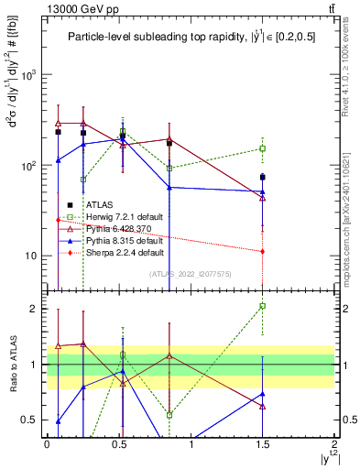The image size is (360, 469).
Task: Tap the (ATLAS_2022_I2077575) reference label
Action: coord(190,274)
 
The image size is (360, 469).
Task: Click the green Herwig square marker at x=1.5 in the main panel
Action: coord(262,148)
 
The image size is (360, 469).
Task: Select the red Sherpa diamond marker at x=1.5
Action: coord(262,251)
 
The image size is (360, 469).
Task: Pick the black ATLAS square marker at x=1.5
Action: coord(262,177)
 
